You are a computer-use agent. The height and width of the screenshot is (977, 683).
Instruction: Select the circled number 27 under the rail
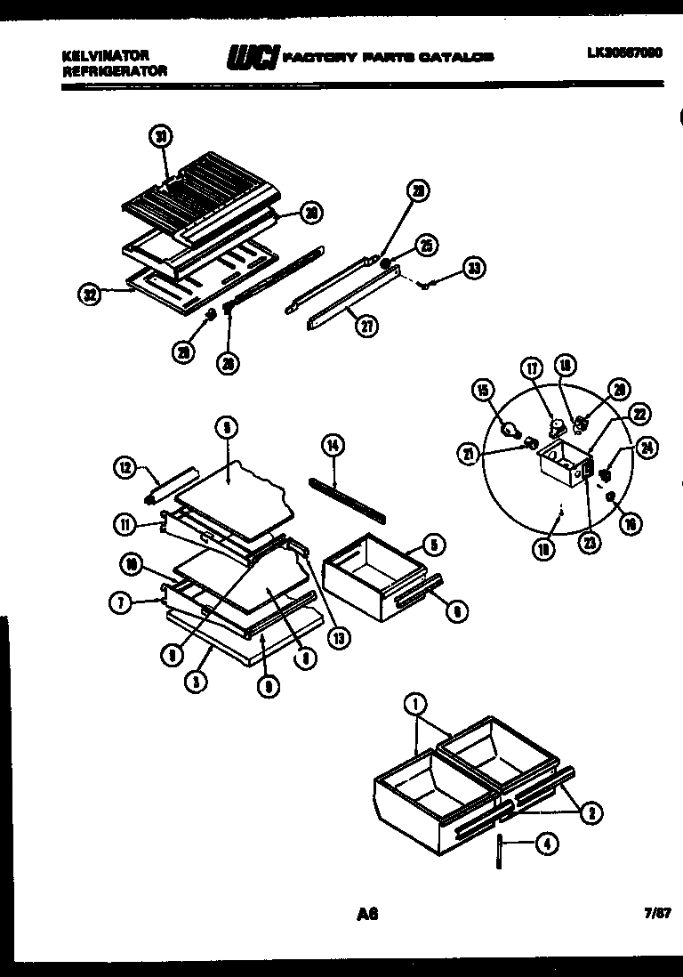(366, 327)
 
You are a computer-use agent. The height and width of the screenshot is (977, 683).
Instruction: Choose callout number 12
(125, 465)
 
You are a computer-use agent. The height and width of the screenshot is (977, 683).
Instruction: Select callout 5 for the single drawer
(433, 545)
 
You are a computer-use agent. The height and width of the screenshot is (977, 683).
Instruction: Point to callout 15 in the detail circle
(483, 390)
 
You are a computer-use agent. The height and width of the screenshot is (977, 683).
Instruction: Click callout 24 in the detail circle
(649, 448)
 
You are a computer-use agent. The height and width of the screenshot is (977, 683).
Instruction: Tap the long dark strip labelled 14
(347, 500)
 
